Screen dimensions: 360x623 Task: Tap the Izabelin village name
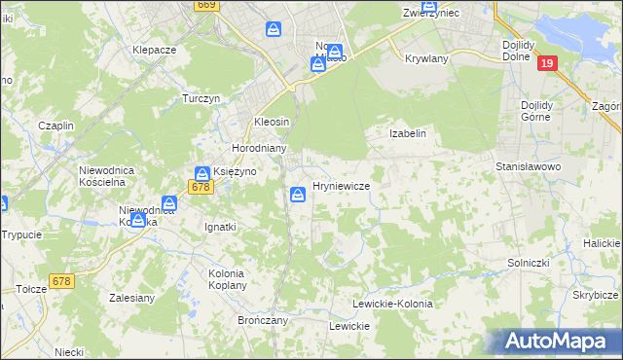[x=408, y=133]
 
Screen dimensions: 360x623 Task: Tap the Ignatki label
[x=219, y=227]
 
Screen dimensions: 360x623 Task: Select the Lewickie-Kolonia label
[x=392, y=304]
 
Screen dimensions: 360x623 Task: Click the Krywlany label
[x=426, y=58]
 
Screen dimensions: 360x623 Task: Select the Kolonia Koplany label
[x=228, y=280]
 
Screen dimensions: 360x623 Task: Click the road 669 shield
[x=205, y=5]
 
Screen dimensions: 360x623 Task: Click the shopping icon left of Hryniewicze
[x=297, y=195]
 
